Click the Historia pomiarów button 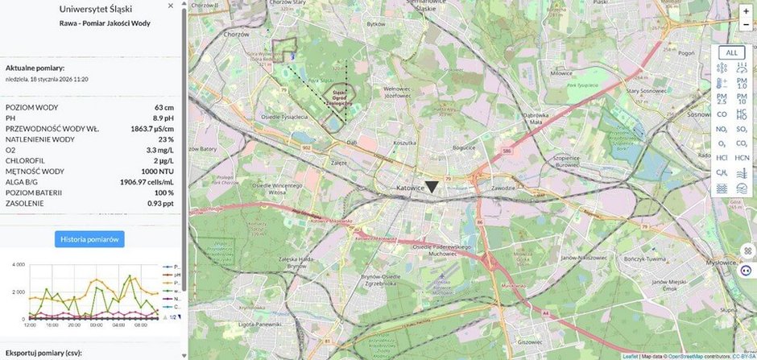coord(89,238)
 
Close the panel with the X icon coord(171,6)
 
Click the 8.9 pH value coord(164,118)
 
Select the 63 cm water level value coord(164,107)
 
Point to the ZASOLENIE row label coord(26,204)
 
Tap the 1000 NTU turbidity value coord(159,172)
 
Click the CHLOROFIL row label coord(27,161)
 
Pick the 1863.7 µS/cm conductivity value coord(152,129)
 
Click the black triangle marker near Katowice coord(432,187)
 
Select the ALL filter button coord(731,53)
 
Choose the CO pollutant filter coord(722,114)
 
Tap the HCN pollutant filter coord(742,158)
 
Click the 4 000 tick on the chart coord(16,265)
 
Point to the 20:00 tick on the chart coord(73,325)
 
